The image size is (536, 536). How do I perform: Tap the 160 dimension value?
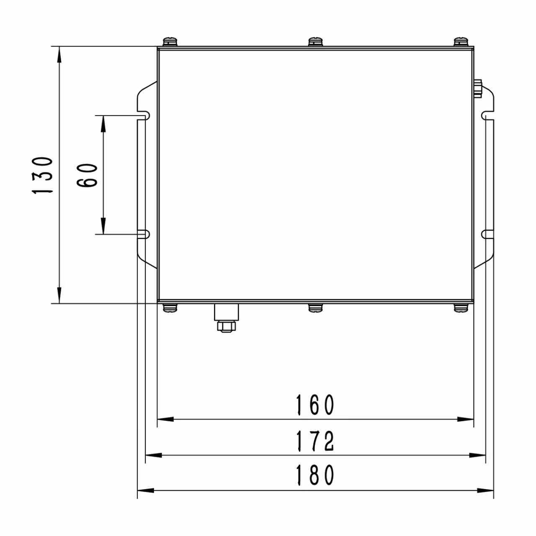[x=315, y=405]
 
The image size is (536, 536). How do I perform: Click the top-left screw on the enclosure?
[x=170, y=42]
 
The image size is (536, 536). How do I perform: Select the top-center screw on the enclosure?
[x=316, y=42]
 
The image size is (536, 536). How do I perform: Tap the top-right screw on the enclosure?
[x=461, y=42]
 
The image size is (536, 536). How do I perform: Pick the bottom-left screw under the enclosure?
[x=170, y=308]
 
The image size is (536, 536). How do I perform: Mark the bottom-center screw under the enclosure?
[x=316, y=308]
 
